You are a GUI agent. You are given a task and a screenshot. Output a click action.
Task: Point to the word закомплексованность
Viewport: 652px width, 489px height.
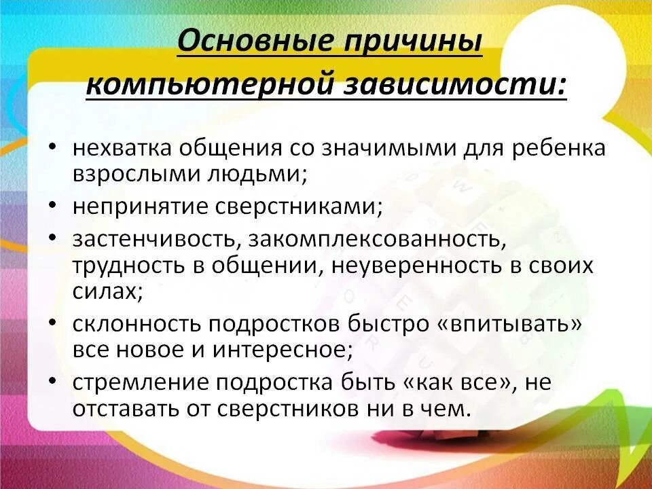click(377, 240)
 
